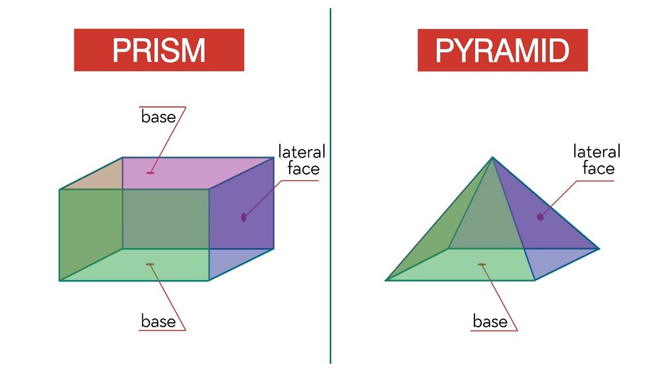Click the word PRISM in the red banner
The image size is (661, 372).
point(159,50)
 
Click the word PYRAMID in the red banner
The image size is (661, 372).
point(502,51)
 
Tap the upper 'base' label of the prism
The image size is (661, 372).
point(159,117)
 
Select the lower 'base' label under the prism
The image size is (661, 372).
point(159,321)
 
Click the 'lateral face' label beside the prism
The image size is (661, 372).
point(302,160)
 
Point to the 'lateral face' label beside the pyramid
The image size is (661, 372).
point(596,160)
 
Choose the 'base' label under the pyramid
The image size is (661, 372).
point(490,321)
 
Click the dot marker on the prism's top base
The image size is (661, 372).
point(150,173)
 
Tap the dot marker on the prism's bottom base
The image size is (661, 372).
point(150,264)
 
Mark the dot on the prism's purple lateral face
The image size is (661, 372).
point(243,218)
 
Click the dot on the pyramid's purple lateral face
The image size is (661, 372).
point(540,218)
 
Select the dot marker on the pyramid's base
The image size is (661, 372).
point(482,265)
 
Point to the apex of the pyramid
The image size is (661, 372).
point(492,158)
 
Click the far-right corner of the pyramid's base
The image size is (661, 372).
point(599,249)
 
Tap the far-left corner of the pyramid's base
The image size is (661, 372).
point(386,280)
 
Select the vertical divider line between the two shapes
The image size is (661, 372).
point(330,186)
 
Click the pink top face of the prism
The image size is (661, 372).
point(183,173)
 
